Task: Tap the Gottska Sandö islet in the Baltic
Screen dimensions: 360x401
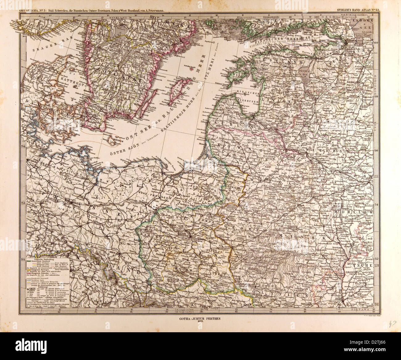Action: pyautogui.click(x=193, y=68)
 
